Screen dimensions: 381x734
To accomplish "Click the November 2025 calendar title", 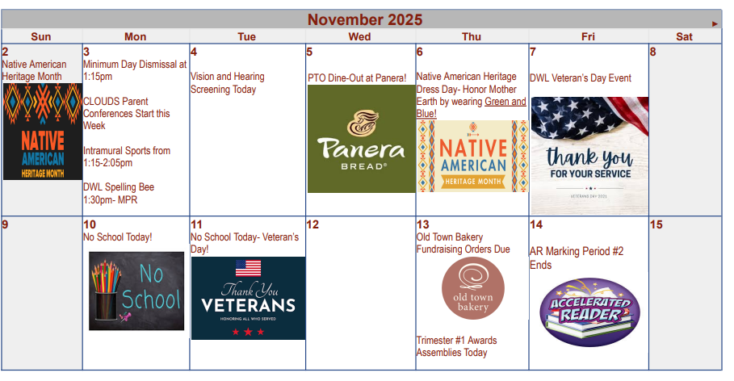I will (364, 19).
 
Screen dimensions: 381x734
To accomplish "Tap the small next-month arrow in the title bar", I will (715, 24).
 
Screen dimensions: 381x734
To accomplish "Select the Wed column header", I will (359, 36).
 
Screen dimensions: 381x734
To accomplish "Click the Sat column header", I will (684, 36).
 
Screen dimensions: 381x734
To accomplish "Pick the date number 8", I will (653, 52).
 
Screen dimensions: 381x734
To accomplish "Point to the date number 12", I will (313, 224).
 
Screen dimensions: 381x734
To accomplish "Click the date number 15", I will (656, 224).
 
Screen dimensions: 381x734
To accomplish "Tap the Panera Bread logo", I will (361, 139).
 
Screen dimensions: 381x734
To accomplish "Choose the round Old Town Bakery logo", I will (472, 289).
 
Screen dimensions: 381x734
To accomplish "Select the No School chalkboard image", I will (136, 291).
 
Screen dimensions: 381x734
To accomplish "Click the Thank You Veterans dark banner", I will (248, 298).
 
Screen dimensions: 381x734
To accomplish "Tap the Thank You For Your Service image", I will (589, 155).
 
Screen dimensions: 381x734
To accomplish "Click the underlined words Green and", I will (505, 102).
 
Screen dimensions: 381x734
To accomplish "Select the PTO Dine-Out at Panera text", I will (357, 77).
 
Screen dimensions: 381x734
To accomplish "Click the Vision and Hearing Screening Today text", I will (228, 82).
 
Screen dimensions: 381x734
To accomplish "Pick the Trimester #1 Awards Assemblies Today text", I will (456, 346).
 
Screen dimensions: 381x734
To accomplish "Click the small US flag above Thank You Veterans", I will (248, 268).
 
